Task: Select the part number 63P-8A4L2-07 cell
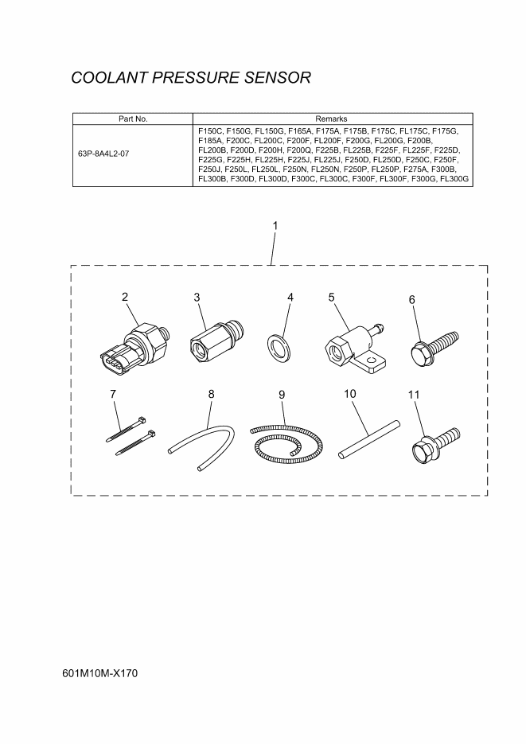[103, 154]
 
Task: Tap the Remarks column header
[331, 119]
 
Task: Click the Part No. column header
[133, 119]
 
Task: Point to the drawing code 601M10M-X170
[99, 673]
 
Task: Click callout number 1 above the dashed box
[275, 226]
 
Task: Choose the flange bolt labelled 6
[434, 347]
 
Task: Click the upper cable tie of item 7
[126, 429]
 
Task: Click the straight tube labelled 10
[369, 439]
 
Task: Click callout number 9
[282, 395]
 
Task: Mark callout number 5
[331, 298]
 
